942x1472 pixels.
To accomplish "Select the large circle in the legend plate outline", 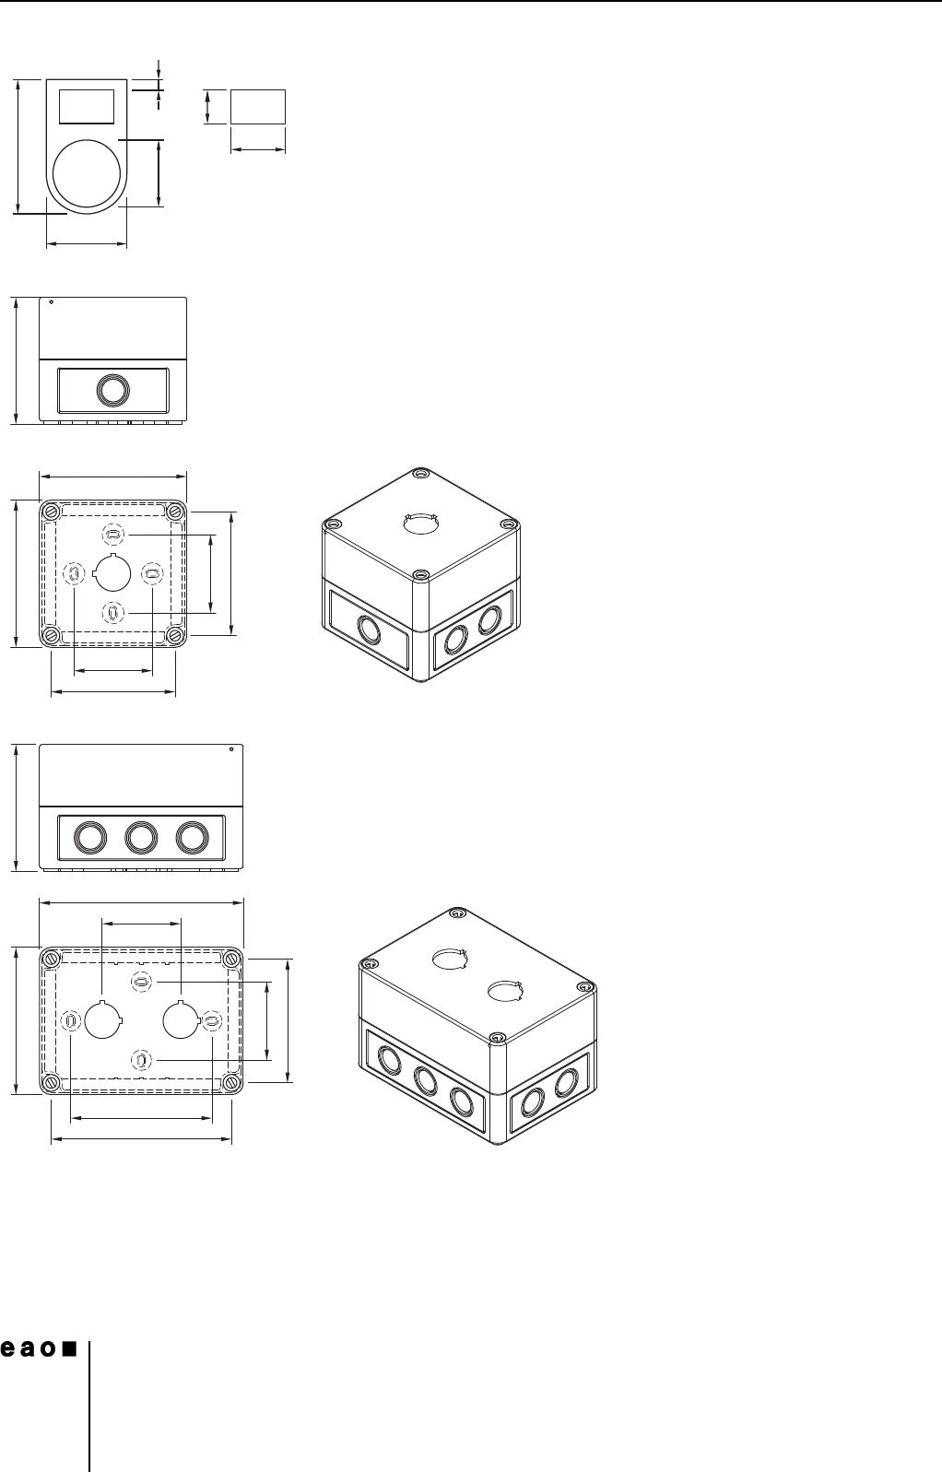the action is (x=86, y=173).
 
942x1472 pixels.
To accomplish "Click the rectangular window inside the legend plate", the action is (x=86, y=106).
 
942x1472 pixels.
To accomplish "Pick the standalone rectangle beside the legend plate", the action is (x=258, y=106).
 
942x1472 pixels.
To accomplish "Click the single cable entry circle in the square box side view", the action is (x=112, y=390).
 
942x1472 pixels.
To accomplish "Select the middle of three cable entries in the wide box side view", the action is (x=141, y=837).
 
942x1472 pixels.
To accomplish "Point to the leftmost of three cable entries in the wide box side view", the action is (x=89, y=837).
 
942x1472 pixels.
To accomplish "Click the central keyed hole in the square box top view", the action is (x=112, y=573).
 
